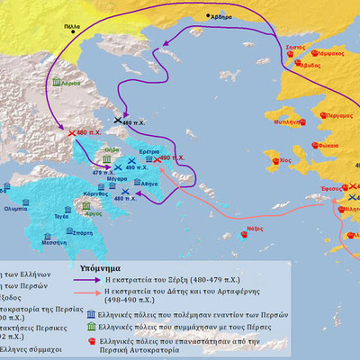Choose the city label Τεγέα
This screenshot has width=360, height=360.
click(x=59, y=216)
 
